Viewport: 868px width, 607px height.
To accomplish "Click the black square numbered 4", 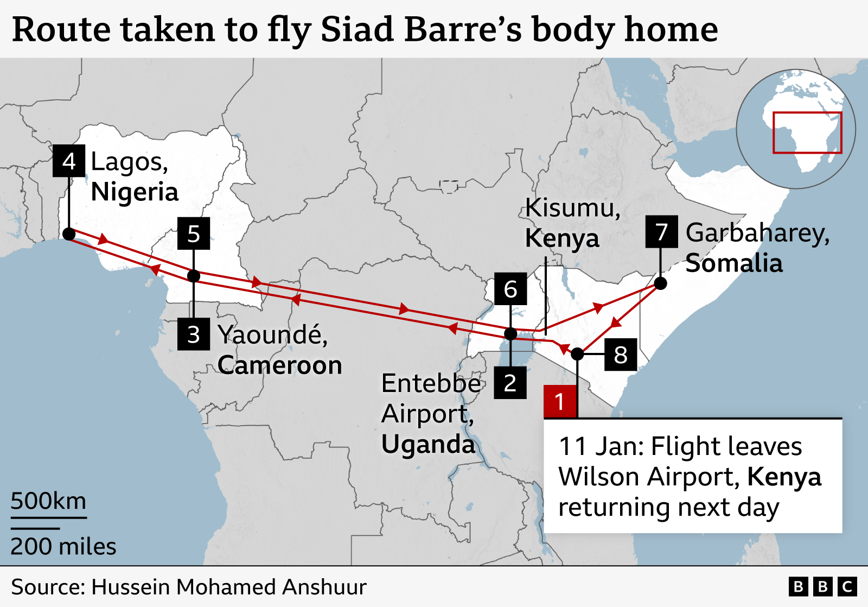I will pos(69,161).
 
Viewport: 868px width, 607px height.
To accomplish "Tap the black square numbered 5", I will pos(194,233).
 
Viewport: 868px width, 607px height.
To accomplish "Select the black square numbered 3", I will pos(194,334).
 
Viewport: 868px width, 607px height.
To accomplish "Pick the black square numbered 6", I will pos(510,289).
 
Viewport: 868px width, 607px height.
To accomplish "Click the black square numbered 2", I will pos(510,383).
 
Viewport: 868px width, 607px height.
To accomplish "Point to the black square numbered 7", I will pos(661,232).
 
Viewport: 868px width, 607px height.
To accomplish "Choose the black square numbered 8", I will pos(621,355).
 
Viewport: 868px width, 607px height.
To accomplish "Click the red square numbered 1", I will pos(560,402).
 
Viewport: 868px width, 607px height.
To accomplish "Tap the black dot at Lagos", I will pos(69,234).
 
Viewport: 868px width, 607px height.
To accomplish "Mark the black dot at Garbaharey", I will pos(660,283).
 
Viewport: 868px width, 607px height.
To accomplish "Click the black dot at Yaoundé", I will pos(194,276).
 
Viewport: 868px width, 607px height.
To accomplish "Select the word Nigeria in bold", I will pos(135,192).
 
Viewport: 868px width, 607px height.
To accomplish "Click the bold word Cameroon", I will pos(280,365).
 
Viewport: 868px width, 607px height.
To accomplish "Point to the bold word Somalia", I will pos(734,263).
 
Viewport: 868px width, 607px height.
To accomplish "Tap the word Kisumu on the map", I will pos(572,208).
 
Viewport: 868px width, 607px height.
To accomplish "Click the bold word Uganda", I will pos(428,444).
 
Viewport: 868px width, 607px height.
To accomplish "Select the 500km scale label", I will pos(48,501).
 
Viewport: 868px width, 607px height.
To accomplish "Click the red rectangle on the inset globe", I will pos(807,132).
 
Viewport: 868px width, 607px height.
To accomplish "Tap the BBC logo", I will pos(822,587).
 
